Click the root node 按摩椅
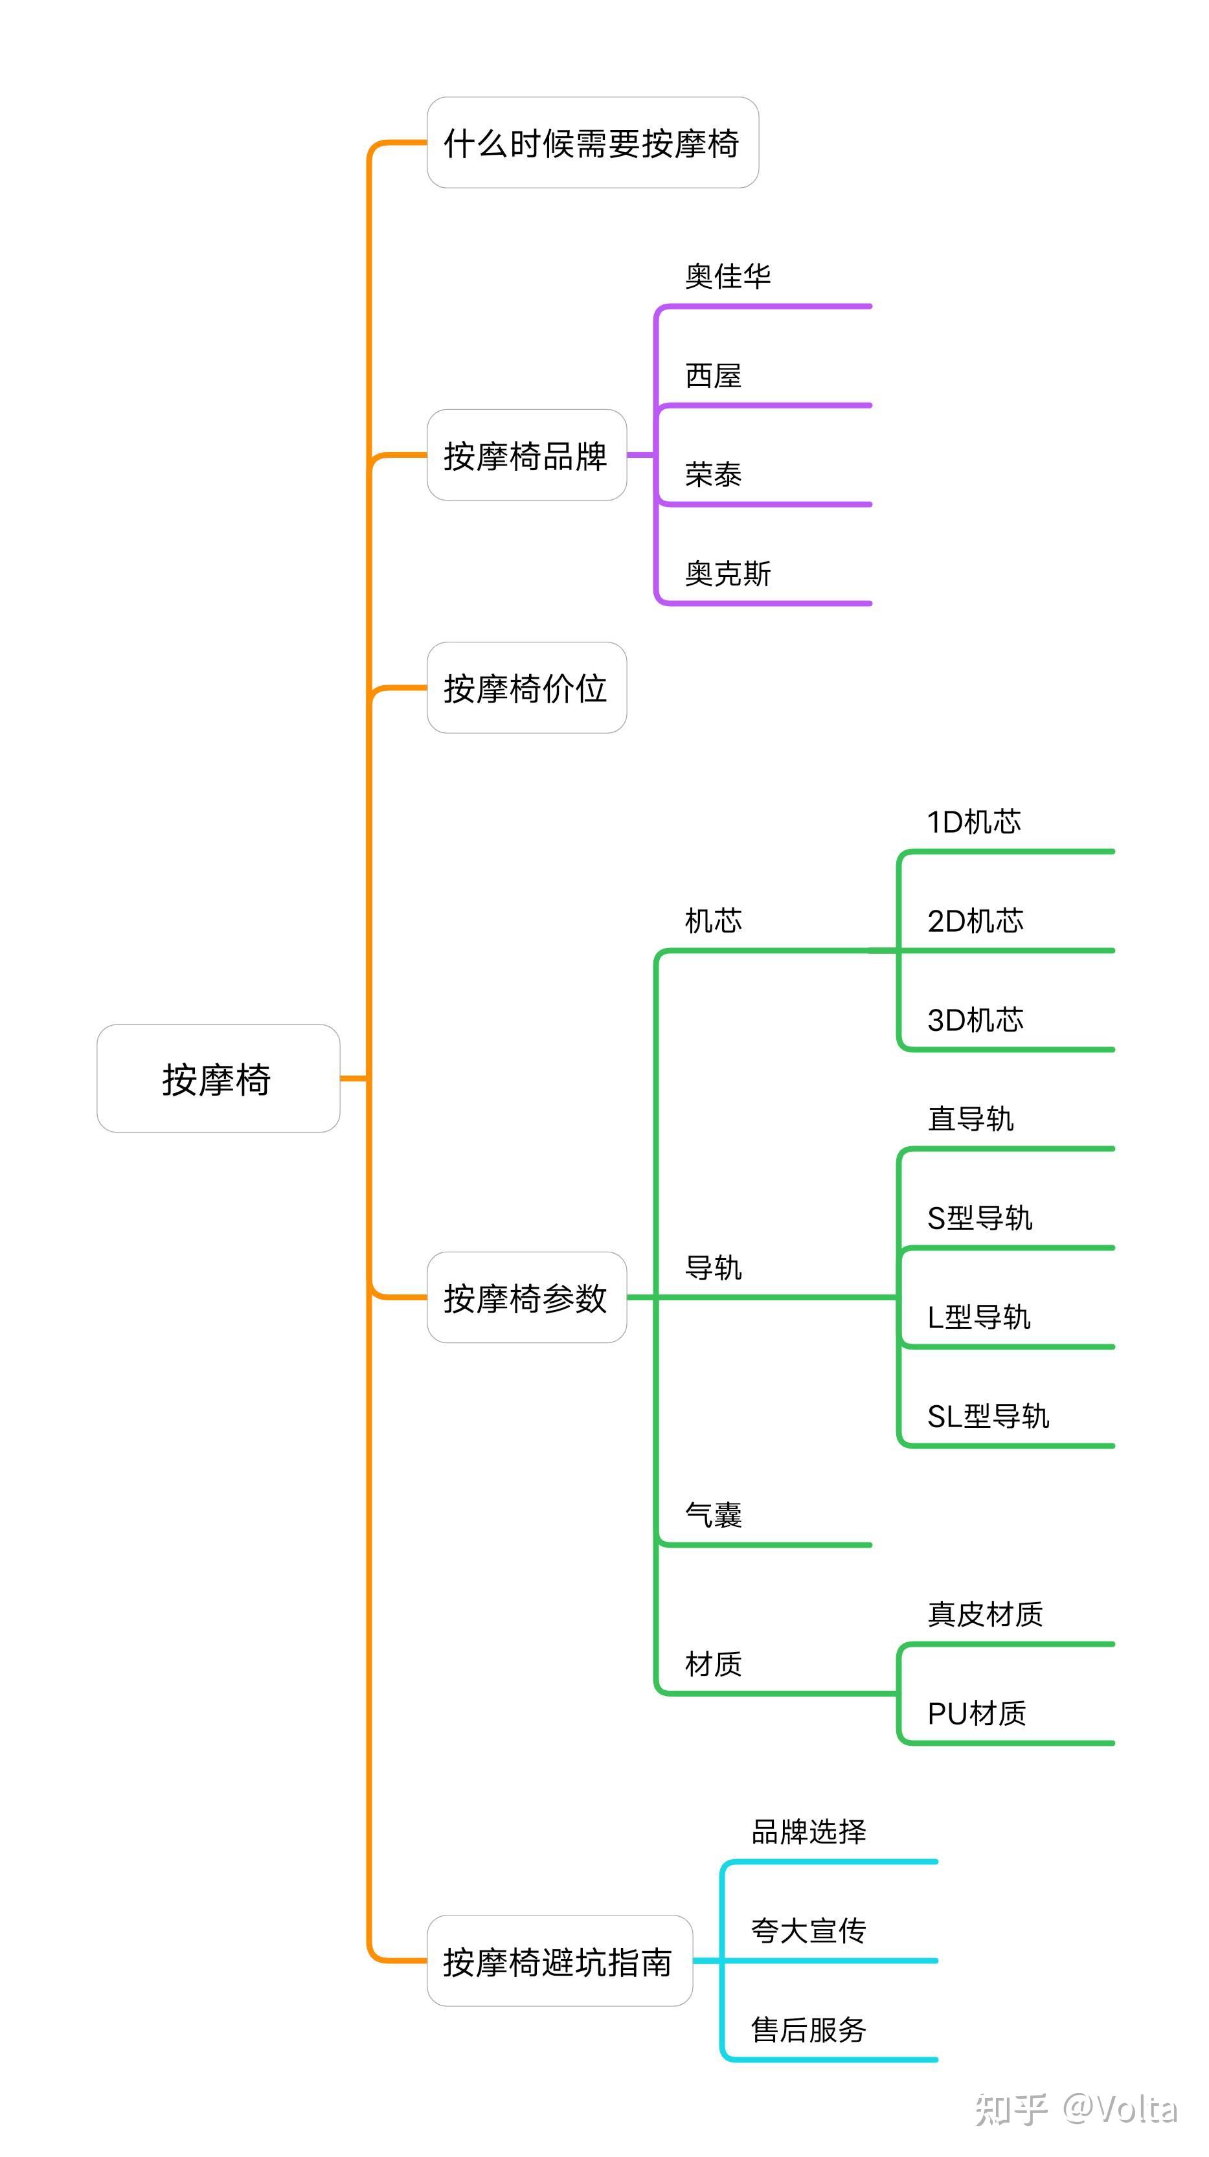pos(218,1079)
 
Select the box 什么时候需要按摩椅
pos(592,143)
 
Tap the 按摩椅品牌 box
pos(526,455)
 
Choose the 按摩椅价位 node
pos(526,688)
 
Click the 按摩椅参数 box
pos(526,1298)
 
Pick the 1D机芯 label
pos(974,822)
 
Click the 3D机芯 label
pos(975,1020)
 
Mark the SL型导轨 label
pos(988,1416)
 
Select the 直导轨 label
pos(971,1119)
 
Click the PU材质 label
pos(977,1713)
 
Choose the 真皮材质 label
pos(984,1614)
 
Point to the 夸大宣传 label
pos(808,1930)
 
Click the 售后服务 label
pos(808,2029)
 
